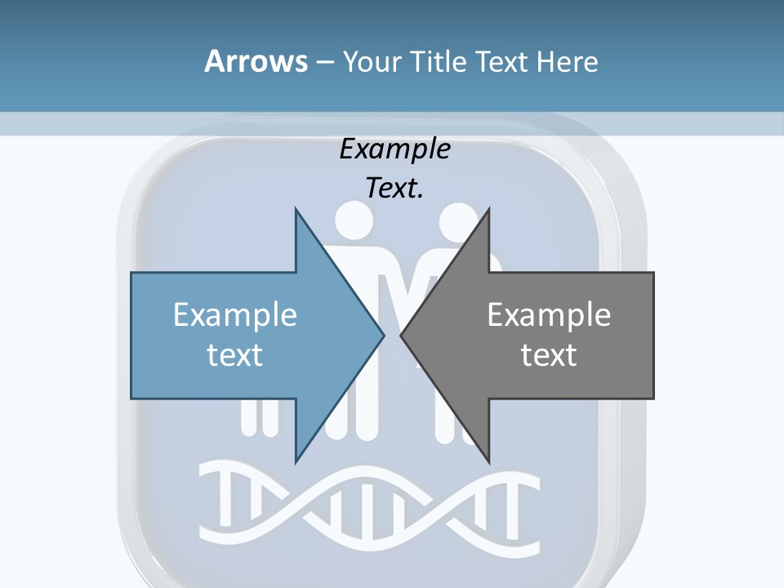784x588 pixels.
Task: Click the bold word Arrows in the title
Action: point(256,61)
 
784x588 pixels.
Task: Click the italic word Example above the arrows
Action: point(394,149)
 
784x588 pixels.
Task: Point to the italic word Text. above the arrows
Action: point(394,188)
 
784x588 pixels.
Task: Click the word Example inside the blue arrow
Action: point(235,314)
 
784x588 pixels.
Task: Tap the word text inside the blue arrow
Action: point(235,354)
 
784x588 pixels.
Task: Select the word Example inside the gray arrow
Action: point(549,314)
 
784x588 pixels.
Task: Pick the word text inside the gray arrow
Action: point(549,354)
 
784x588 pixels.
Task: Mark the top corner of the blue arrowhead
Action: point(296,210)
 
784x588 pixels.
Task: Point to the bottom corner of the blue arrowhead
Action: point(296,461)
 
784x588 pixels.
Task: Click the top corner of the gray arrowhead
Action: point(488,210)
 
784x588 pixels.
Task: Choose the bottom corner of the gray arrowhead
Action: point(488,461)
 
